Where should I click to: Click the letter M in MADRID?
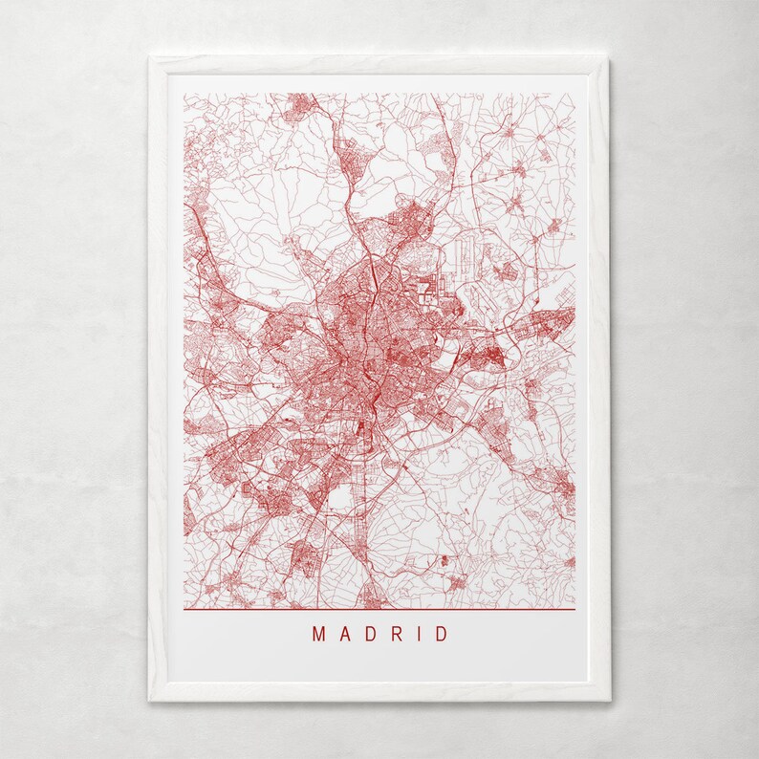click(x=318, y=634)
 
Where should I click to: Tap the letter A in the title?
click(x=344, y=634)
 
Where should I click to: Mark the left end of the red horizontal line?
click(x=184, y=609)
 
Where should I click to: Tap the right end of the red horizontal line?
click(x=575, y=609)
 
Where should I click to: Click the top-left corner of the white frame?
click(x=150, y=58)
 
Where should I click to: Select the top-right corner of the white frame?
click(x=609, y=58)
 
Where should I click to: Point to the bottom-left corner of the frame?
click(x=150, y=701)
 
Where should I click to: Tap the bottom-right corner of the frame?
click(x=609, y=701)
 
